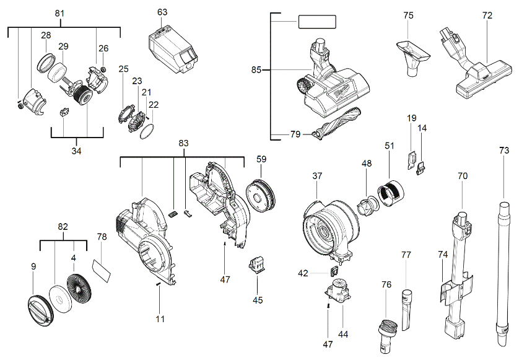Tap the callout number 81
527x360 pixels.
click(59, 14)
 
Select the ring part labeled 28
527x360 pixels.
click(46, 63)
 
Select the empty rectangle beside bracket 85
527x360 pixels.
click(317, 22)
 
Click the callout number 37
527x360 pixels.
click(317, 177)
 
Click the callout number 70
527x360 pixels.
click(463, 176)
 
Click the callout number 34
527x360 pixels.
click(76, 151)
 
